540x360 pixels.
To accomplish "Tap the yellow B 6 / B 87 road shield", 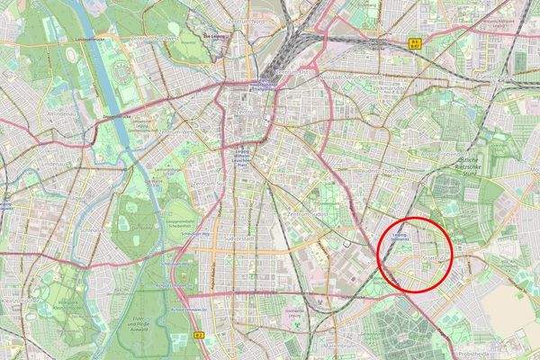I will coord(415,41).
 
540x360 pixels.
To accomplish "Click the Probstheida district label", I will coord(514,354).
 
